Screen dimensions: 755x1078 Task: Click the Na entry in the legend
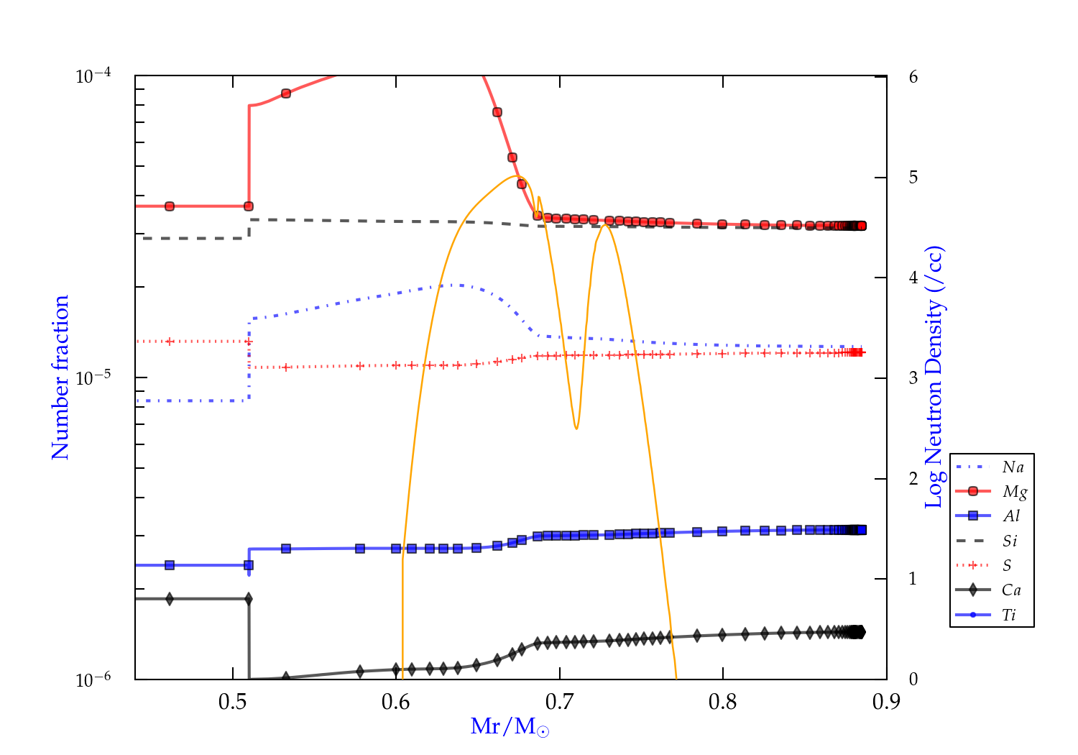click(1013, 467)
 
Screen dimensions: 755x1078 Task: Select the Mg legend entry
click(1014, 492)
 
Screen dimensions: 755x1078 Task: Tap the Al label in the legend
click(1012, 516)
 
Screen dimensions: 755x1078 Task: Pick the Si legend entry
click(1010, 541)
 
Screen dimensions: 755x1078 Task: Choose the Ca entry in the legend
click(1011, 590)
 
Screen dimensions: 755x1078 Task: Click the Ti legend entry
click(1009, 615)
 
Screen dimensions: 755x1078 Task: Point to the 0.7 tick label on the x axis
click(559, 702)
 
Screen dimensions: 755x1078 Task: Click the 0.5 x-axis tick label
click(233, 702)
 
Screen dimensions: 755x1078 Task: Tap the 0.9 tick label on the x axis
click(886, 702)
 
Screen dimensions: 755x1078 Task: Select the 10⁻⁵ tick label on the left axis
click(93, 377)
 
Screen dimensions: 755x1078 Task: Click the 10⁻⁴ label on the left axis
click(93, 75)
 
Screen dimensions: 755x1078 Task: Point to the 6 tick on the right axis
click(913, 77)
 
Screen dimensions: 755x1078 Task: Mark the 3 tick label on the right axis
click(913, 378)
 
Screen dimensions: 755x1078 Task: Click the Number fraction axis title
click(60, 377)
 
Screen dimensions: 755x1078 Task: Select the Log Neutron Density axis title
click(934, 377)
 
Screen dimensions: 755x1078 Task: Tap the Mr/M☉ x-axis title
click(510, 727)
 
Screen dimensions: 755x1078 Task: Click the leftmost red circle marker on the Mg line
click(170, 206)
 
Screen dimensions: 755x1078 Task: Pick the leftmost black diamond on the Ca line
click(170, 599)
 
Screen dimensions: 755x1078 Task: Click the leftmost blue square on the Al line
click(170, 565)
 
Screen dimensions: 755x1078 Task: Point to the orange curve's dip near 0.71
click(576, 429)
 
